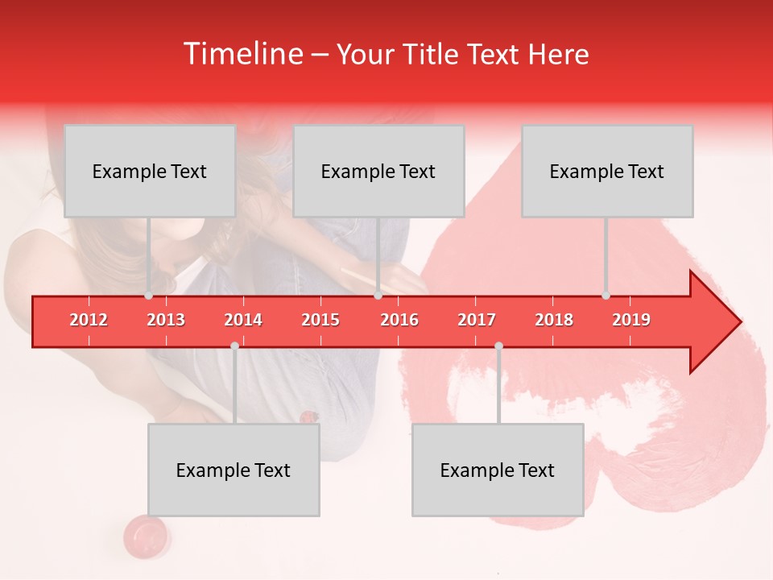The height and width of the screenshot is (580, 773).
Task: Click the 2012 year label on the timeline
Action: coord(89,320)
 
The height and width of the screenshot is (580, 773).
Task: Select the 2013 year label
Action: coord(166,320)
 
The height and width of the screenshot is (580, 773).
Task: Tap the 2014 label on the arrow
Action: coord(243,320)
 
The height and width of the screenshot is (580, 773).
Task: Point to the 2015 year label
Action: coord(320,320)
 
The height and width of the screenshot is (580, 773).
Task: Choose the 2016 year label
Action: coord(399,320)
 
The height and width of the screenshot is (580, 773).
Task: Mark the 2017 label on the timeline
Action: coord(477,320)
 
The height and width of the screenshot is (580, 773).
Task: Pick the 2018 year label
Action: coord(554,320)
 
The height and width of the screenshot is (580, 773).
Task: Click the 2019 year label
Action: coord(631,320)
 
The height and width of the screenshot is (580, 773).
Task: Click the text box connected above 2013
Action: coord(150,171)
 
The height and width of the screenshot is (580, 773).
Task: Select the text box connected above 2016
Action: coord(378,171)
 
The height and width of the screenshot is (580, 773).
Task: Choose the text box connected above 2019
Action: coord(607,171)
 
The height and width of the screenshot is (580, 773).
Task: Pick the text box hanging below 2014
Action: coord(234,470)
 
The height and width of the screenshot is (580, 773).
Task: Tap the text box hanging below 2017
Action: coord(498,470)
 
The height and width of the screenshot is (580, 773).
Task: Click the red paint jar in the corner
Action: coord(145,534)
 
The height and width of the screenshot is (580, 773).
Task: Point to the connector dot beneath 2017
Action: coord(498,346)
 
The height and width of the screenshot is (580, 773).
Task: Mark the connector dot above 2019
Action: coord(606,296)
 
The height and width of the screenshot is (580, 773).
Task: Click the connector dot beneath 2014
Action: coord(234,346)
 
